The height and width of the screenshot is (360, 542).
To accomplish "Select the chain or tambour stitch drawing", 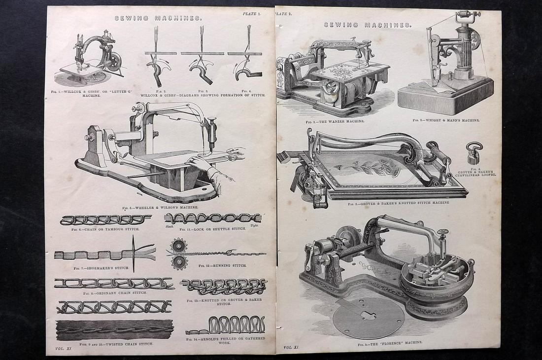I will click(x=105, y=220).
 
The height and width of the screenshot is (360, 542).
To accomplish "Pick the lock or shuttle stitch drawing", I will click(x=213, y=218).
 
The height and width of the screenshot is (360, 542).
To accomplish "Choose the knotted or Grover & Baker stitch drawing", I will click(x=224, y=287).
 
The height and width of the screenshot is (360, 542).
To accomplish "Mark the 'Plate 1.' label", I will click(x=252, y=14).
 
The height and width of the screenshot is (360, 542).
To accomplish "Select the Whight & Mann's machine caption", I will click(x=445, y=120).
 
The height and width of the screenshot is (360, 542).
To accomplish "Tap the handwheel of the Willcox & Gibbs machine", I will click(x=115, y=62).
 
